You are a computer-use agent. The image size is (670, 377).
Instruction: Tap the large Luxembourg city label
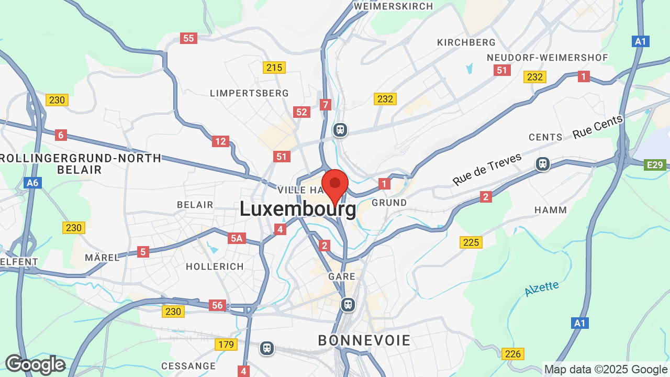coord(298,209)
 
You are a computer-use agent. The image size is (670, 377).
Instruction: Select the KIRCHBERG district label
coord(466,42)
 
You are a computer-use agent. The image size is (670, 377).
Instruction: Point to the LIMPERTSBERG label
coord(249,93)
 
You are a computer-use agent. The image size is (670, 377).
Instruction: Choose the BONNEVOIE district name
coord(364,340)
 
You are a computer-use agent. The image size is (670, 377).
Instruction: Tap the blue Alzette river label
coord(542,289)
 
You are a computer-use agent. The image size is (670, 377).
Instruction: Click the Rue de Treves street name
coord(487,169)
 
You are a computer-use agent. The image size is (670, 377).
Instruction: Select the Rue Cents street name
coord(598,127)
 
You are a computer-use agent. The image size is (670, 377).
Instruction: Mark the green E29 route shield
coord(655,165)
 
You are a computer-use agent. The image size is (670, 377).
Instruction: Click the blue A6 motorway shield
coord(32,183)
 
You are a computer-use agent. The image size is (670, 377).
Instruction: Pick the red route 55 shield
coord(188,38)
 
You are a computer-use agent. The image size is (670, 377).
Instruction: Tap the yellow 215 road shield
coord(274,68)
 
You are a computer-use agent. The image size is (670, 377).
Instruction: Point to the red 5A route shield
coord(237,239)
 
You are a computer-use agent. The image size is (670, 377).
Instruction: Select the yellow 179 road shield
coord(226,344)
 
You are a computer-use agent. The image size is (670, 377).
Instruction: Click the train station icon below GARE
coord(348,304)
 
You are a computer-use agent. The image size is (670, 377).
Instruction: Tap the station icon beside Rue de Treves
coord(543,164)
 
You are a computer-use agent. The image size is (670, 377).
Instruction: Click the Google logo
coord(36,364)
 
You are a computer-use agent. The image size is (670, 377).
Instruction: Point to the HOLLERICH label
coord(215,267)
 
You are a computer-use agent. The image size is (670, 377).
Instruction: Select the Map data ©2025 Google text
coord(605,370)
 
